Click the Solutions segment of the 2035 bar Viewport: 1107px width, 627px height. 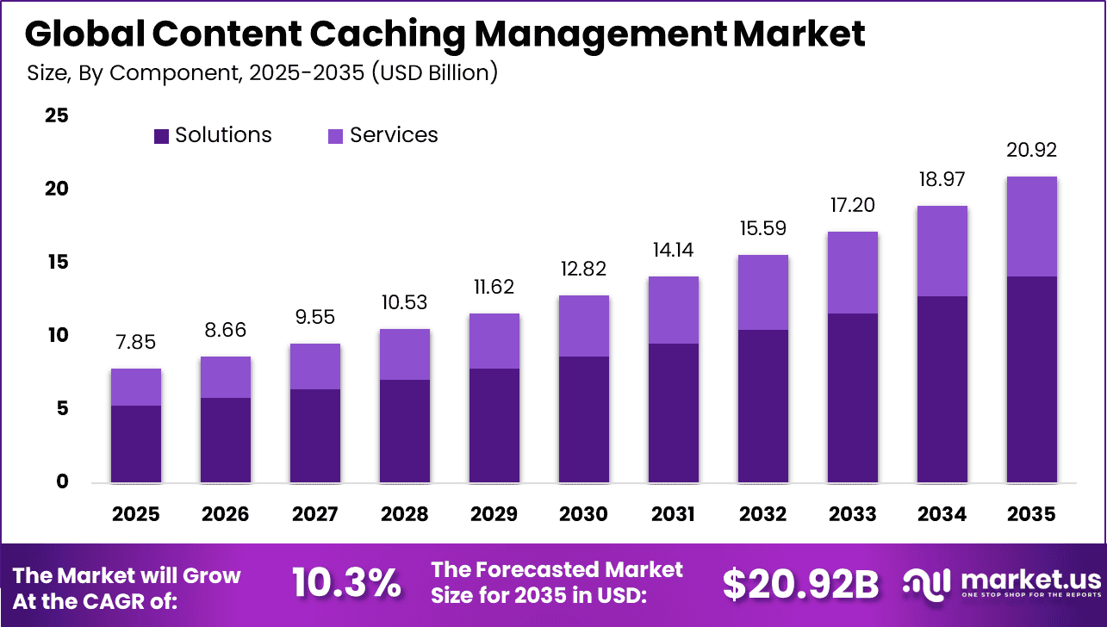(1031, 379)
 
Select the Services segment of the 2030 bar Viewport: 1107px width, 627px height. (583, 326)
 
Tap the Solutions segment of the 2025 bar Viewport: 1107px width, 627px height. (135, 444)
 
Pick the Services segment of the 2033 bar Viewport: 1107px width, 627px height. (852, 272)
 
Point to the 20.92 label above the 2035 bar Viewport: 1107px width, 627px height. (1031, 151)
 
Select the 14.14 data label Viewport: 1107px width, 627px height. (673, 251)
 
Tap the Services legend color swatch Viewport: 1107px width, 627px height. (336, 136)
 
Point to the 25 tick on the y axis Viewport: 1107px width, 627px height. (58, 115)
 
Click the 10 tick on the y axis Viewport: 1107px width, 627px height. (58, 335)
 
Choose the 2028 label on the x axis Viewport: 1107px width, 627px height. (404, 514)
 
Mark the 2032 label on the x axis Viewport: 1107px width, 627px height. (762, 514)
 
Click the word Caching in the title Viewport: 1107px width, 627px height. (386, 34)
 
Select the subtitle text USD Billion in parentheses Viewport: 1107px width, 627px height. (434, 73)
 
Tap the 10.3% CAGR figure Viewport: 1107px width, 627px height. (346, 583)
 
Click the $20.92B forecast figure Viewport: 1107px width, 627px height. (800, 584)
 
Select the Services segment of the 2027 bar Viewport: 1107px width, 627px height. (314, 366)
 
